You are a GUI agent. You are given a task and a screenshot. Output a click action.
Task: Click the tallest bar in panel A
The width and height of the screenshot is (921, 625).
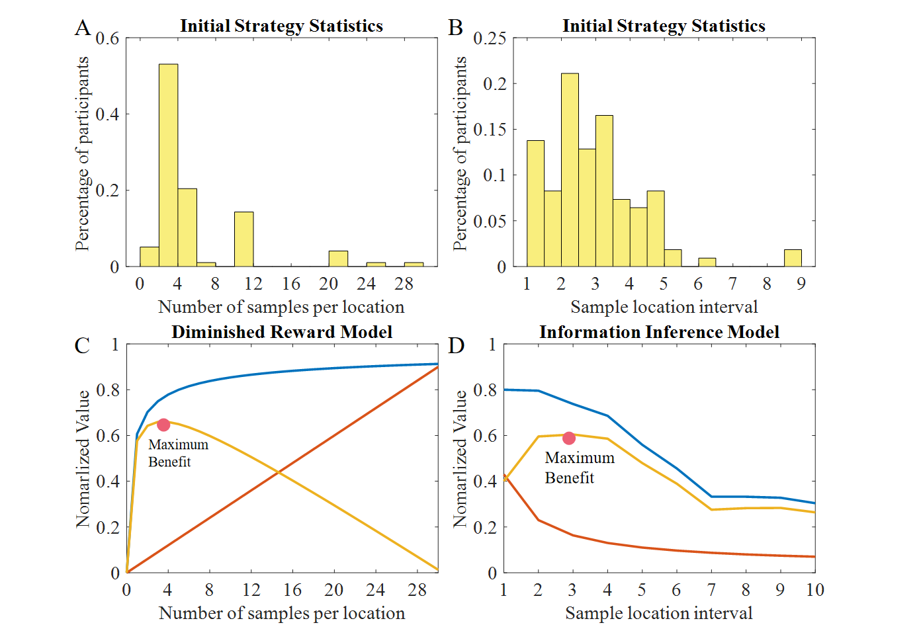[x=168, y=165]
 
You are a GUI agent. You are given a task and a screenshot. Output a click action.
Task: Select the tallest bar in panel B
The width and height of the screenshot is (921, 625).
[x=570, y=170]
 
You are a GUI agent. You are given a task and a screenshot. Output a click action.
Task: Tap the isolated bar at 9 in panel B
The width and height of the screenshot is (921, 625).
[x=793, y=258]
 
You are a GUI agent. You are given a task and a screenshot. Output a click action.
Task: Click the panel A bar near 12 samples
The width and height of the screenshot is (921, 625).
[x=243, y=239]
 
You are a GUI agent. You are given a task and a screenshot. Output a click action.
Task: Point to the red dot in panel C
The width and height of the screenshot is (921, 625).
[x=163, y=425]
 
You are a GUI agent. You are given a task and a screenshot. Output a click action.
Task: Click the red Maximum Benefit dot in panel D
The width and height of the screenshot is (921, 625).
[x=569, y=438]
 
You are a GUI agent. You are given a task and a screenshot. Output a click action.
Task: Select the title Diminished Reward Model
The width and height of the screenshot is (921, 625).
[x=282, y=332]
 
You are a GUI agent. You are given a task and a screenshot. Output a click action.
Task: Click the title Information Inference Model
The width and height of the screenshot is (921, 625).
[x=659, y=332]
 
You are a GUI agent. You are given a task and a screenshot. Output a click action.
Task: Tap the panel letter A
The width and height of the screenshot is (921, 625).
[x=82, y=28]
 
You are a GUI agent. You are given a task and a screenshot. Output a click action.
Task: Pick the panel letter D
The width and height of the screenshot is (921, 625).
[x=457, y=346]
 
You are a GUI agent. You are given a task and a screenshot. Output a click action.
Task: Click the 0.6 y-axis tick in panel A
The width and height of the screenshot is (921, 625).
[x=107, y=38]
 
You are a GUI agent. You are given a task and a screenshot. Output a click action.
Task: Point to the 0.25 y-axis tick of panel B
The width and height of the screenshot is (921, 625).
[x=490, y=38]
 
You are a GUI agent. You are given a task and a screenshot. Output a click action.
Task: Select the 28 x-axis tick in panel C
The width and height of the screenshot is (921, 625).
[x=417, y=590]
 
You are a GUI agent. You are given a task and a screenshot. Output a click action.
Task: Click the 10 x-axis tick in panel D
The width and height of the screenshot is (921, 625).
[x=814, y=590]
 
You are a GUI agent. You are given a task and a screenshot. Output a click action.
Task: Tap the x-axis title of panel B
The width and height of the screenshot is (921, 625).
[x=664, y=307]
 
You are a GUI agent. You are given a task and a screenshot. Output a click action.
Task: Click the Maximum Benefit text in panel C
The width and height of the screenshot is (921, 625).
[x=178, y=453]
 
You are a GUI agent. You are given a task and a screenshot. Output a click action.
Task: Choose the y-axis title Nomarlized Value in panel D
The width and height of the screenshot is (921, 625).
[x=460, y=458]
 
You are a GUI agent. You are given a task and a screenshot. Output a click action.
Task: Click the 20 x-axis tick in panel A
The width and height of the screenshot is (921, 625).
[x=328, y=284]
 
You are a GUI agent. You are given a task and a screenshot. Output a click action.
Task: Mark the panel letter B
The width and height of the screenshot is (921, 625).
[x=455, y=28]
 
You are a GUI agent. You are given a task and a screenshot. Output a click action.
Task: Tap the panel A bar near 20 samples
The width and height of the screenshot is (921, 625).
[x=338, y=259]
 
